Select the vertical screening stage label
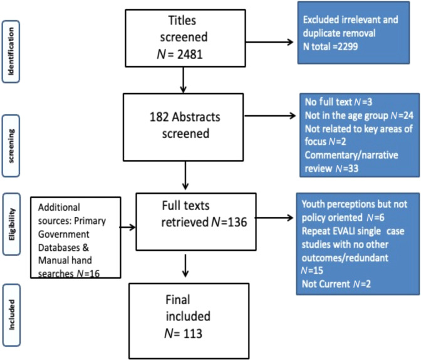click(11, 134)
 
